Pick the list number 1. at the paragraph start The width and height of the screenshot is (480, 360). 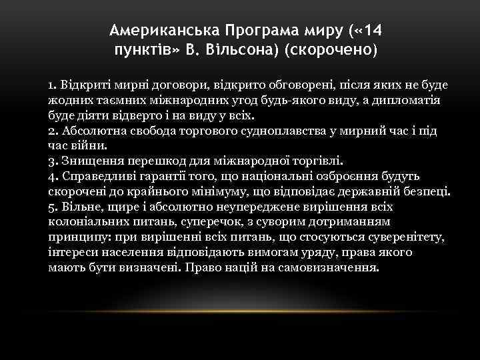[x=53, y=86]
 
